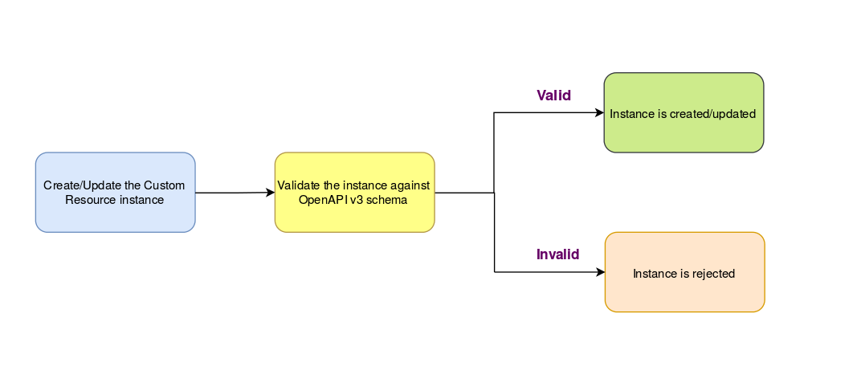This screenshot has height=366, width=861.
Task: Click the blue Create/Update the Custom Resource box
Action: pyautogui.click(x=116, y=192)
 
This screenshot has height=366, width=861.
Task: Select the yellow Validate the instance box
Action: pyautogui.click(x=355, y=192)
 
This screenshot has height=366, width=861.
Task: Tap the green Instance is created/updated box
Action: pyautogui.click(x=683, y=112)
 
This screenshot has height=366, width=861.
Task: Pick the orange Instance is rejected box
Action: pyautogui.click(x=685, y=272)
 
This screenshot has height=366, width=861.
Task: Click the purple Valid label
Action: pyautogui.click(x=554, y=96)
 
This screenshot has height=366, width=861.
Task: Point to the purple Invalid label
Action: pyautogui.click(x=558, y=254)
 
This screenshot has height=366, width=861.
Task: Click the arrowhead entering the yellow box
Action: pyautogui.click(x=270, y=193)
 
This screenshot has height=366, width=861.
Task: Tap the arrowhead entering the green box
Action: pyautogui.click(x=600, y=112)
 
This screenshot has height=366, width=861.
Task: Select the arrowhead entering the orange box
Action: pyautogui.click(x=600, y=271)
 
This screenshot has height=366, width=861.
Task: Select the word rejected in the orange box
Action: pyautogui.click(x=714, y=273)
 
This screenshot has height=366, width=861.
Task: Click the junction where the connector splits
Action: pyautogui.click(x=494, y=193)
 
